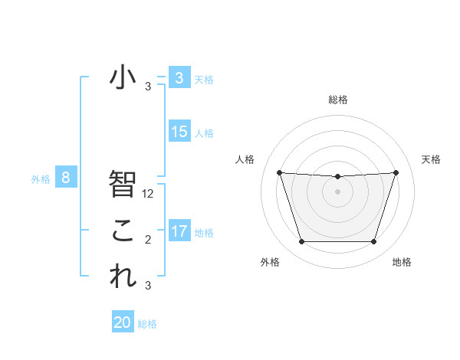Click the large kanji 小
123,77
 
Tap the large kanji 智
123,184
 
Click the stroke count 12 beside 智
149,194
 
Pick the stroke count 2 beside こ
148,240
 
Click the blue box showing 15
179,132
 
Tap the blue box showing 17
179,231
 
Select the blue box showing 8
66,178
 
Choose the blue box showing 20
123,322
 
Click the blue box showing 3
179,77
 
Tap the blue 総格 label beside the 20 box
147,324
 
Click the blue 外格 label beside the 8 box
41,179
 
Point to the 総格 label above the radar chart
337,100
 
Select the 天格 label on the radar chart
432,159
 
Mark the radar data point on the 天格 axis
396,172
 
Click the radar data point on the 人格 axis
279,172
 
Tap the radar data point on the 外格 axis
301,242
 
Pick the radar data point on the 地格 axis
373,242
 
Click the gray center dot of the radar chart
337,191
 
